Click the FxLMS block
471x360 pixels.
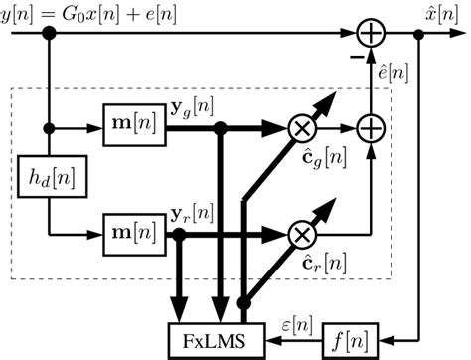click(x=220, y=341)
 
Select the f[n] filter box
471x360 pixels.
click(x=350, y=341)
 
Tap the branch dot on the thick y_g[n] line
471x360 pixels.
click(x=221, y=128)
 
